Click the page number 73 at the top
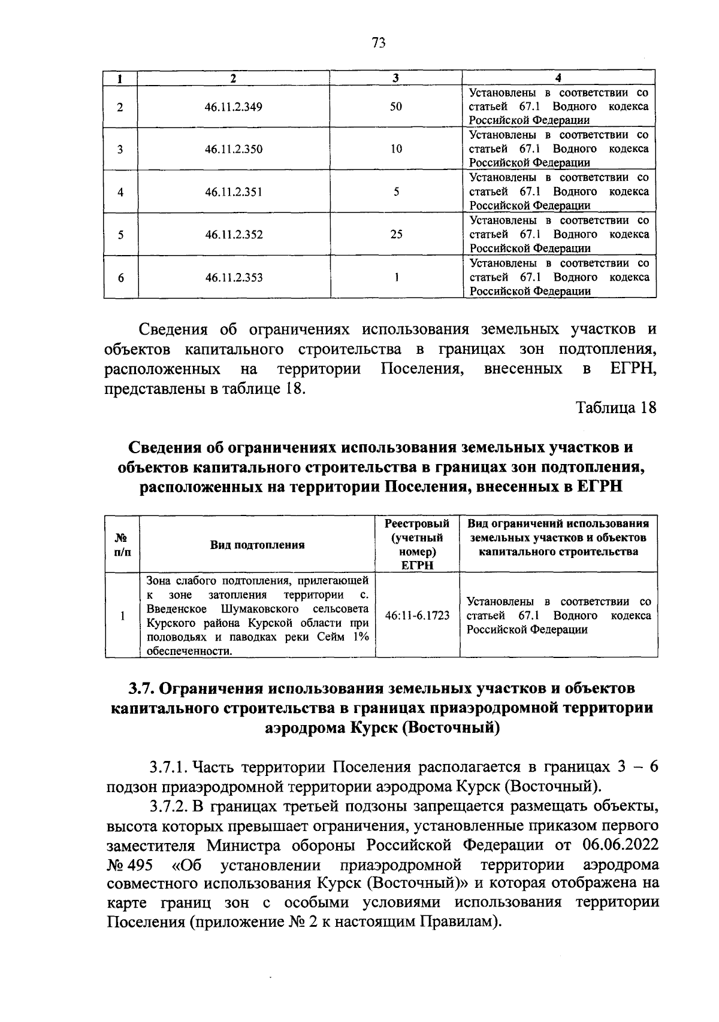pyautogui.click(x=378, y=43)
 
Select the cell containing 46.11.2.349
pyautogui.click(x=234, y=107)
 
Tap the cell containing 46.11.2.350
pyautogui.click(x=234, y=149)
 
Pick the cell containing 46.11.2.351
pyautogui.click(x=234, y=192)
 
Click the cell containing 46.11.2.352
pyautogui.click(x=234, y=235)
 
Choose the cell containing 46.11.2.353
pyautogui.click(x=234, y=278)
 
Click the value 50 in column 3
pyautogui.click(x=396, y=107)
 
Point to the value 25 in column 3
pyautogui.click(x=396, y=235)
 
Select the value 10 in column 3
pyautogui.click(x=396, y=149)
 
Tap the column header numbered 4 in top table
pyautogui.click(x=558, y=78)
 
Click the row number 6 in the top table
pyautogui.click(x=120, y=278)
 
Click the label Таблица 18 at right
pyautogui.click(x=616, y=408)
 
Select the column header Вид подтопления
pyautogui.click(x=257, y=545)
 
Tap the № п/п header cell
pyautogui.click(x=122, y=545)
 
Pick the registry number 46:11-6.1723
pyautogui.click(x=418, y=615)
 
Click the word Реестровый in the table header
pyautogui.click(x=417, y=523)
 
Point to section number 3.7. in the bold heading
pyautogui.click(x=143, y=689)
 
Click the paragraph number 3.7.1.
pyautogui.click(x=169, y=768)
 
